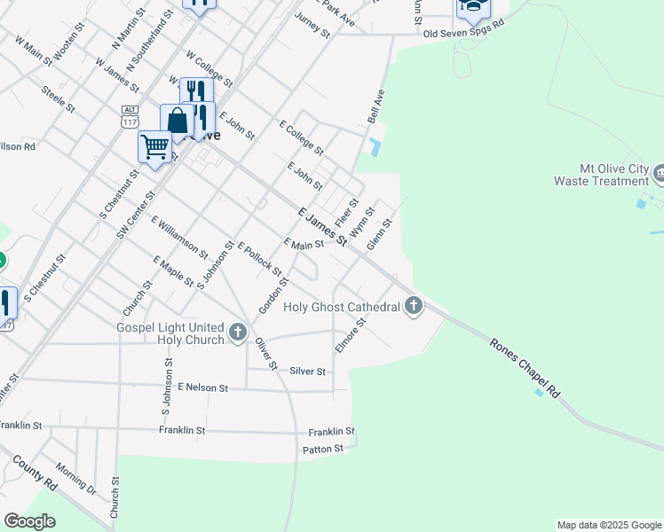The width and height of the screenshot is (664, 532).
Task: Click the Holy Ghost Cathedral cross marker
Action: (413, 307)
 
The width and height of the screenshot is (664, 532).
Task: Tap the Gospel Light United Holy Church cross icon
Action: (237, 332)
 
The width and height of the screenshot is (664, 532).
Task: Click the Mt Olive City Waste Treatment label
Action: (602, 175)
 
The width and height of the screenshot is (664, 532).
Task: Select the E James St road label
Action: (321, 227)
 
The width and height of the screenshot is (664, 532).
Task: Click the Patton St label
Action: (323, 450)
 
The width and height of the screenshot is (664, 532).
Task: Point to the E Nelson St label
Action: (203, 387)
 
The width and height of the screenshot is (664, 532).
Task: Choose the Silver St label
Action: (308, 372)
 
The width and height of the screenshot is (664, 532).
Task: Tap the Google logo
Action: (30, 521)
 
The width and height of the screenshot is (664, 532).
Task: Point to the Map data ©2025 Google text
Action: (609, 525)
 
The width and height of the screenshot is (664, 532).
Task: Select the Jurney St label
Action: (312, 26)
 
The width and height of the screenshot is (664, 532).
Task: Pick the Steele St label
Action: (59, 98)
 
